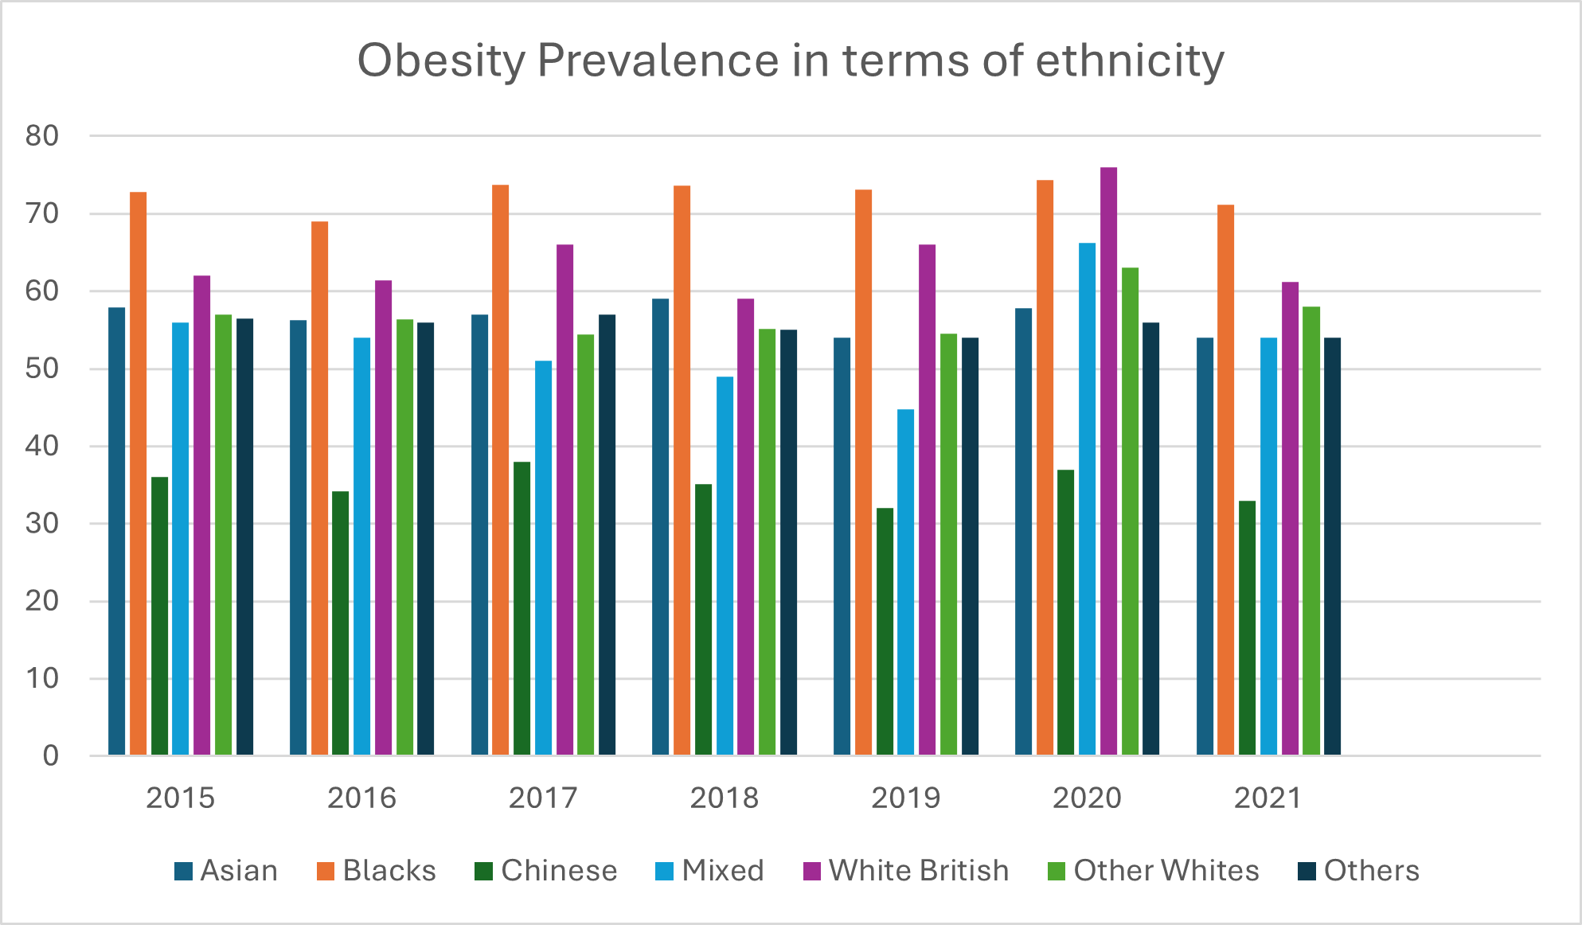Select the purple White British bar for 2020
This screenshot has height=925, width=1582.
click(1108, 462)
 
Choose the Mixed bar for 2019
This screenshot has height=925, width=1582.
click(905, 582)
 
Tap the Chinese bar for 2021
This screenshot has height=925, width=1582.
click(1247, 628)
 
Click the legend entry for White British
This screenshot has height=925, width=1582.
click(918, 870)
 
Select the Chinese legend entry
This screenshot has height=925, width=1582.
click(558, 870)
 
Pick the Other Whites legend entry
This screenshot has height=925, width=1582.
click(1166, 870)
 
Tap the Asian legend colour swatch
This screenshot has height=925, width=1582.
click(183, 871)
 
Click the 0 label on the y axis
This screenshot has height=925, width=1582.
click(50, 755)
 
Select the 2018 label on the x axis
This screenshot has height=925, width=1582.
click(724, 798)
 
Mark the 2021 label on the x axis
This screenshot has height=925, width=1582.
click(1268, 798)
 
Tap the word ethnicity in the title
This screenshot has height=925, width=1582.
click(1130, 60)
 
